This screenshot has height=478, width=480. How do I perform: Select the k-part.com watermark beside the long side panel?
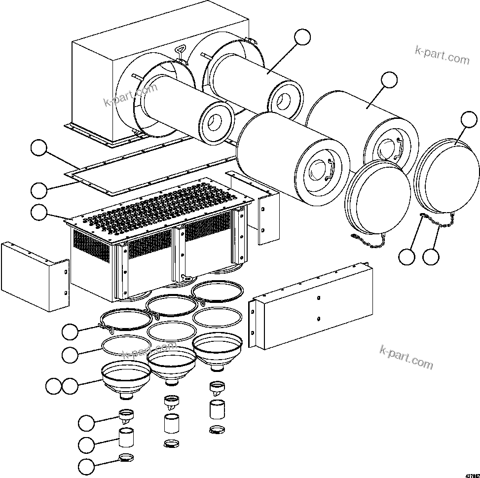tap(406, 358)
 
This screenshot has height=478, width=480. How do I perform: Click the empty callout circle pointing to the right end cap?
tap(469, 119)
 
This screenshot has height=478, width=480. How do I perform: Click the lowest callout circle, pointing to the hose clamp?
tap(87, 466)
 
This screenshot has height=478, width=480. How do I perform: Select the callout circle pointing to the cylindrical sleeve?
tap(87, 444)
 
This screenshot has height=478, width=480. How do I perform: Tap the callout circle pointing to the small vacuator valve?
tap(87, 422)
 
